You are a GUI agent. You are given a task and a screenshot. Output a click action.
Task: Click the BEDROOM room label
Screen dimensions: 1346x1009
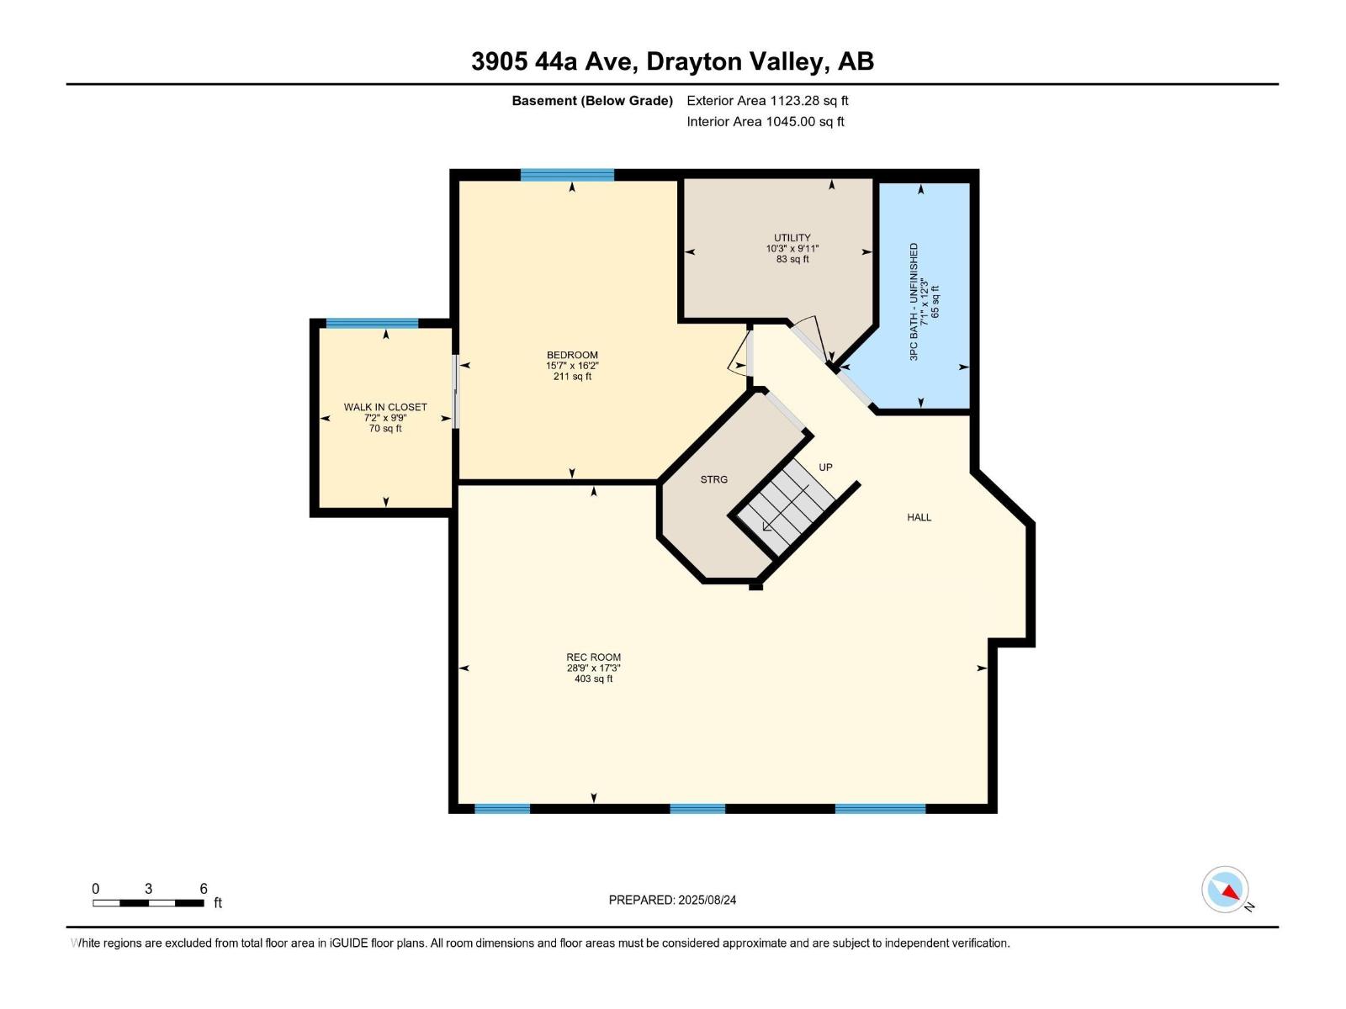coord(572,355)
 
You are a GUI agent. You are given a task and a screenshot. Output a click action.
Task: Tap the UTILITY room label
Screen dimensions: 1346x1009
coord(792,238)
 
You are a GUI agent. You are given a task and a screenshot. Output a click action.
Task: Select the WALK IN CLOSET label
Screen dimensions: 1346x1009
coord(385,407)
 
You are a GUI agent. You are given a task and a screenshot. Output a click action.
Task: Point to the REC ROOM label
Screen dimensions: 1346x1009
coord(594,658)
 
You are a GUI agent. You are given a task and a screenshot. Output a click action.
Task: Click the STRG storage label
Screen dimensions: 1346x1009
coord(713,479)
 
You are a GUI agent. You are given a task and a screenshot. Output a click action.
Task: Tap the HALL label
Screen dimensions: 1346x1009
coord(919,517)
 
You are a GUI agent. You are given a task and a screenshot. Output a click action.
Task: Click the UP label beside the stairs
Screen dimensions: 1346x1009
coord(825,467)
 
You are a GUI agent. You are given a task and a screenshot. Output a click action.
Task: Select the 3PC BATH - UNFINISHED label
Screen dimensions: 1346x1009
coord(914,301)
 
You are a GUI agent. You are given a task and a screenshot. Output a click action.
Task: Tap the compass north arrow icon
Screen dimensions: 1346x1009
coord(1226,890)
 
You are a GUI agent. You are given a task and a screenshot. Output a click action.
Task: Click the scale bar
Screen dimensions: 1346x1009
coord(148,902)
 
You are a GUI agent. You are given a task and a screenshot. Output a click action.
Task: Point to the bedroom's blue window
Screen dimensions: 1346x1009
coord(567,175)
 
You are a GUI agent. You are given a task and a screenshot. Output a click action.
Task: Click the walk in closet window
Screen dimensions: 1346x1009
coord(372,324)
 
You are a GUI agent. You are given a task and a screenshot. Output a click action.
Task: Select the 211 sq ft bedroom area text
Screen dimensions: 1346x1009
coord(572,376)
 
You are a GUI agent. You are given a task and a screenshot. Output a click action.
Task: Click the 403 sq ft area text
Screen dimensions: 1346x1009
coord(594,679)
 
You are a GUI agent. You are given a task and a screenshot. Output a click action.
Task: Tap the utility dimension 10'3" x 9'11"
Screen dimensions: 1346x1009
coord(792,249)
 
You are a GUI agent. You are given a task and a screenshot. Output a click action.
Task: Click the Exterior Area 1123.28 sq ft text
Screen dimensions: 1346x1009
coord(768,100)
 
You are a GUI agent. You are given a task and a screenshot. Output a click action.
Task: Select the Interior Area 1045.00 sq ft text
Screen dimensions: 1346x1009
coord(766,121)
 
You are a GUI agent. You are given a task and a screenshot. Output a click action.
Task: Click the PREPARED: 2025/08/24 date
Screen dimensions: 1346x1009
coord(672,900)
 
